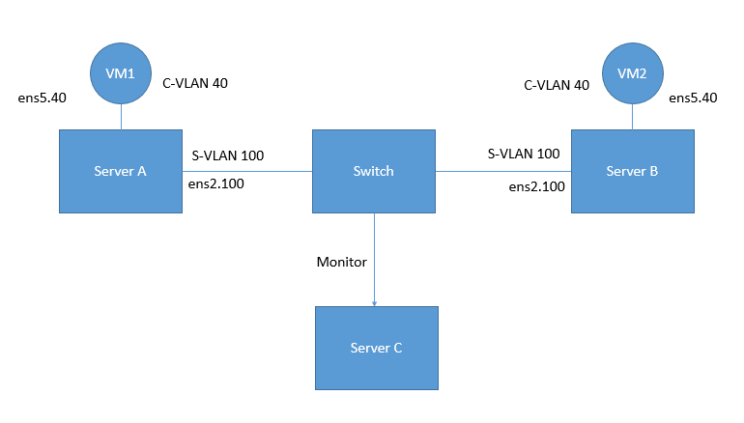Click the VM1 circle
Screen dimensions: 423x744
click(120, 74)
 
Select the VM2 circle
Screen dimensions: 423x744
click(632, 73)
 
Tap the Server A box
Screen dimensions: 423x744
click(120, 171)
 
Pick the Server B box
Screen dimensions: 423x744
click(632, 171)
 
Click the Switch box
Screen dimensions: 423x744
click(373, 171)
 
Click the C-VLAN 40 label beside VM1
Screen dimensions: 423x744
click(194, 84)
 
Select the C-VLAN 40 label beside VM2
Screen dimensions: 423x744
click(557, 85)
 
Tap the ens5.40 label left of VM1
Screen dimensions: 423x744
click(43, 99)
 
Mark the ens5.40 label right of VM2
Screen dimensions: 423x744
click(693, 98)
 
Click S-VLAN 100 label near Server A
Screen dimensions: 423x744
click(228, 155)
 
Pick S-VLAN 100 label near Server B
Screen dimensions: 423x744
click(523, 154)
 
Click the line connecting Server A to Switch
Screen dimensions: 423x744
click(246, 171)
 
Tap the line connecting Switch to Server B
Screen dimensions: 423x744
click(502, 171)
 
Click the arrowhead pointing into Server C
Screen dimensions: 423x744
click(374, 301)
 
